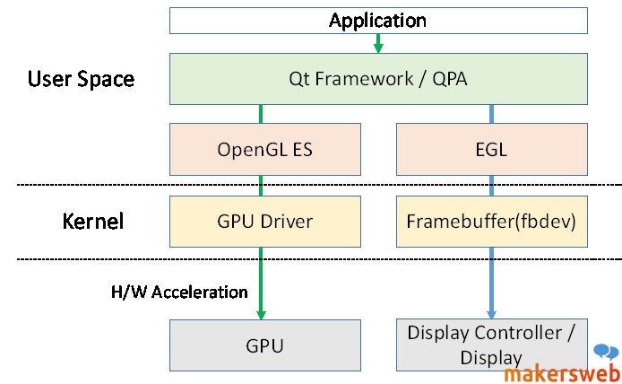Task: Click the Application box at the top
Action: (x=377, y=20)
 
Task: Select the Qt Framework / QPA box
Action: (x=377, y=79)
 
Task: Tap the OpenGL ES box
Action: (x=264, y=149)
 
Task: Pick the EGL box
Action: (x=491, y=149)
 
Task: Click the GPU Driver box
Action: (x=264, y=221)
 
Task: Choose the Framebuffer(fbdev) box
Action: (x=491, y=221)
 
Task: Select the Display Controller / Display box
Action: (x=491, y=345)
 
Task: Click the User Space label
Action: (x=81, y=79)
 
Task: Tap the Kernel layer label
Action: (x=92, y=221)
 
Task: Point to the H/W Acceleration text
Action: (x=178, y=292)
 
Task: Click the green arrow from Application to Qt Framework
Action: (x=378, y=43)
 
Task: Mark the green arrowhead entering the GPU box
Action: (x=261, y=312)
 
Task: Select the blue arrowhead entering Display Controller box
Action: (x=491, y=312)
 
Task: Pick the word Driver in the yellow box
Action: (x=286, y=221)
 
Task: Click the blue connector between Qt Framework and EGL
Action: (x=491, y=114)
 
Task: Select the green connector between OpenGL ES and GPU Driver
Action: (x=261, y=186)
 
